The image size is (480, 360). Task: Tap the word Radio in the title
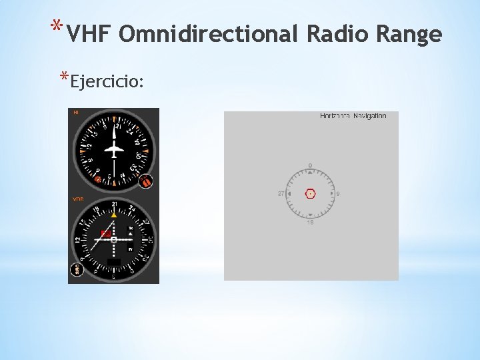click(335, 34)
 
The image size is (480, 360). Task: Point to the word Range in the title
click(409, 34)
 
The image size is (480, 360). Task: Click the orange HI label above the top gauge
click(76, 113)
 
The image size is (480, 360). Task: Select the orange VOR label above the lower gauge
click(78, 199)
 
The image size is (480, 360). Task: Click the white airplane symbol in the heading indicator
click(115, 149)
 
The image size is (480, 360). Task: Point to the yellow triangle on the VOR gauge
click(114, 215)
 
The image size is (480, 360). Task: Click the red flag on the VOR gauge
click(105, 233)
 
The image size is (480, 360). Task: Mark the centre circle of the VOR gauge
click(114, 239)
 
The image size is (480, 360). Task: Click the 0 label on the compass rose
click(310, 165)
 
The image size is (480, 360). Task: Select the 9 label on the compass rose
click(338, 194)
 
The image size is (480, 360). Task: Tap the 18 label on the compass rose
click(310, 222)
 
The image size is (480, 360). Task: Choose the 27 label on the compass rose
click(281, 194)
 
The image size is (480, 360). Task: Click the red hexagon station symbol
click(310, 194)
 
